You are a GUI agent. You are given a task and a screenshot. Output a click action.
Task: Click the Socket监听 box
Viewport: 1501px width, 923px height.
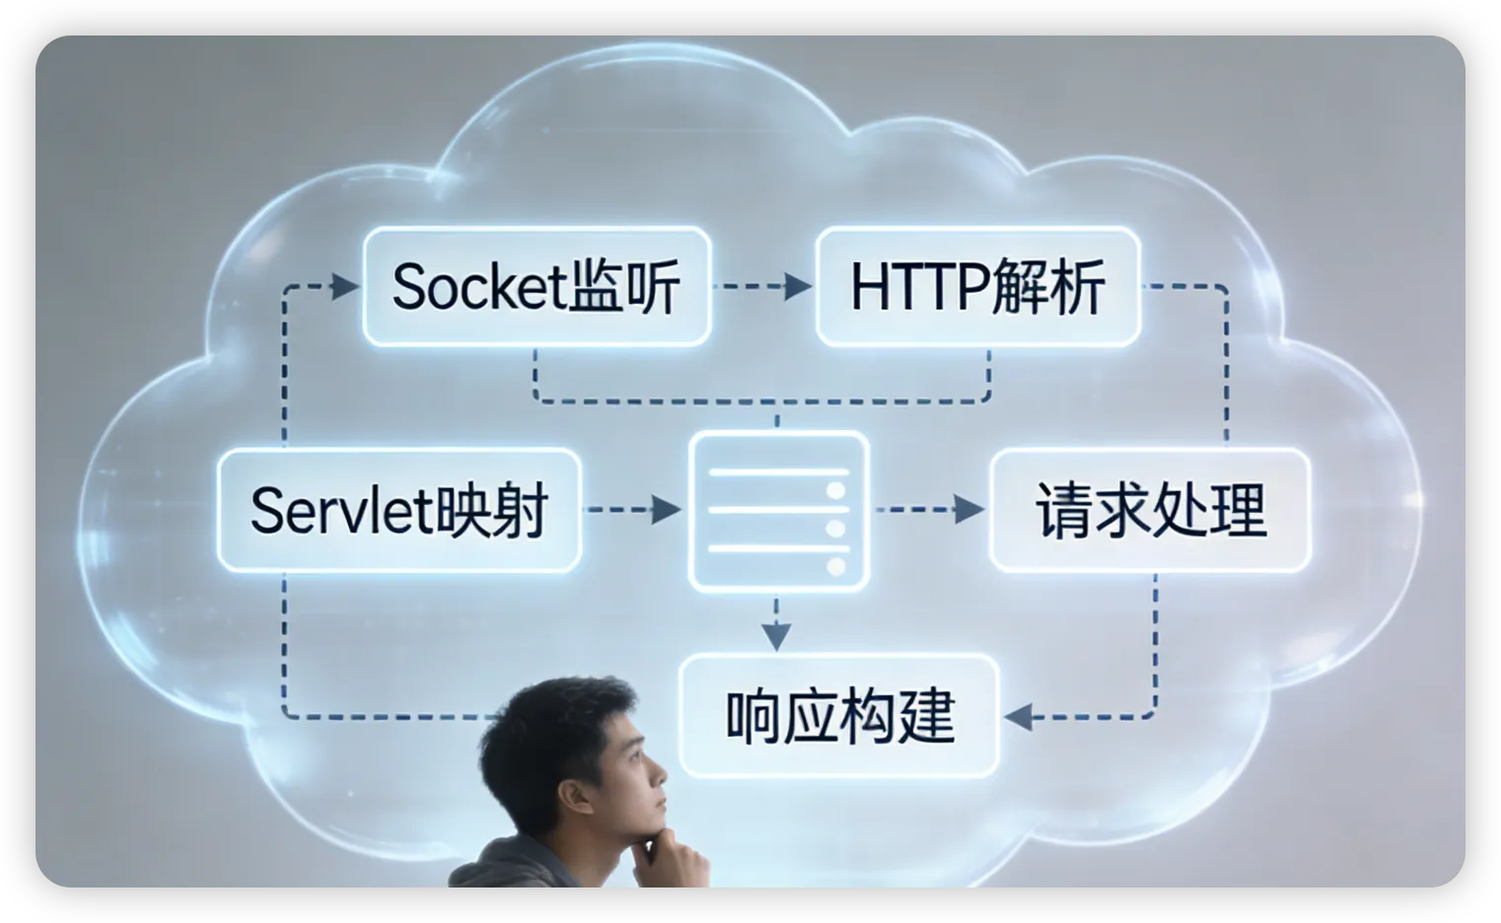point(536,287)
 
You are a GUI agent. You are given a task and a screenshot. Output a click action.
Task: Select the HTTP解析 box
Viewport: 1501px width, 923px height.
point(977,287)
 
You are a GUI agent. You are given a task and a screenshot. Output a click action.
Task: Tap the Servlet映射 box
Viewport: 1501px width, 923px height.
point(398,510)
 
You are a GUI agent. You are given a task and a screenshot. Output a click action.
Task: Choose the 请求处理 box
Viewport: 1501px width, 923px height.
point(1150,510)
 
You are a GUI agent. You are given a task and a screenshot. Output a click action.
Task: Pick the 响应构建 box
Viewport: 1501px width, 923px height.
point(839,716)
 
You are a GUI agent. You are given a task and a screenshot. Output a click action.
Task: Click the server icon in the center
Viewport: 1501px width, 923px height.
point(779,510)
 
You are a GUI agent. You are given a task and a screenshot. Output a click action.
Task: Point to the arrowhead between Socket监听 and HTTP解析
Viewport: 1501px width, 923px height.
point(797,287)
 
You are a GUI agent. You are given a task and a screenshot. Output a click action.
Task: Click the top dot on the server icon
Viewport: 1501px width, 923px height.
point(836,490)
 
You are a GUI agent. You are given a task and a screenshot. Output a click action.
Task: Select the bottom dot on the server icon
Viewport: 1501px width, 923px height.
point(836,567)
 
